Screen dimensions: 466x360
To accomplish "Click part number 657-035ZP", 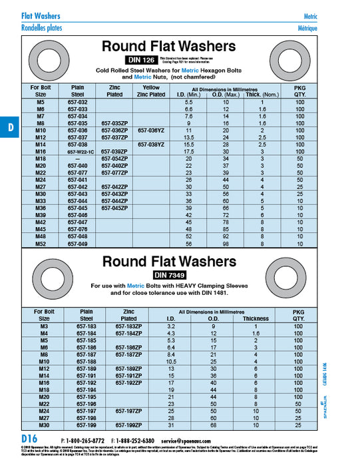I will click(114, 123).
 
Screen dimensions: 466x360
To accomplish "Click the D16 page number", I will click(29, 441).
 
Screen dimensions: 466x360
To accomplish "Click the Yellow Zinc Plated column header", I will click(151, 91).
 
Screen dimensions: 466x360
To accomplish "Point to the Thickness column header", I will click(255, 318).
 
